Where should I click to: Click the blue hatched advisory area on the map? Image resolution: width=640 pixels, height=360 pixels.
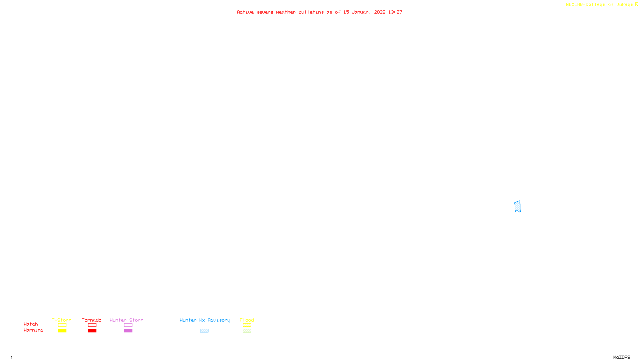[518, 206]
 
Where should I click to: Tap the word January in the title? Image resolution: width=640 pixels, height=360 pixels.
[361, 12]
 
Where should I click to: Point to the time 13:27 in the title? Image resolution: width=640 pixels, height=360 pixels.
[395, 12]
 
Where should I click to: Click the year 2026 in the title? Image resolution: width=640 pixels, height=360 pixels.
[380, 12]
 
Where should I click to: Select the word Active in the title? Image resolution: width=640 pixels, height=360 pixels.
[245, 12]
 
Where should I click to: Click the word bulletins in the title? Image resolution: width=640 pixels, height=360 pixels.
[311, 12]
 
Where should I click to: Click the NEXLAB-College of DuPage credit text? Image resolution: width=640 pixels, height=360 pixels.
[599, 5]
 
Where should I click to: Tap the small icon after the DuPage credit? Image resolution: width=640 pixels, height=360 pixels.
[636, 4]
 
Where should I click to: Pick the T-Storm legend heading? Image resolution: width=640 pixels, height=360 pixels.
[62, 320]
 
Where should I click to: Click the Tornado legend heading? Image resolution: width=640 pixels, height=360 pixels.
[92, 320]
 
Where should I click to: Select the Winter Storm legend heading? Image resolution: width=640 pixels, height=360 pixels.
[126, 320]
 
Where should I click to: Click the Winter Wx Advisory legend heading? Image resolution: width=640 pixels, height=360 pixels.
[205, 320]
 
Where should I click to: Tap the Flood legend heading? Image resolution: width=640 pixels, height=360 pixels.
[247, 320]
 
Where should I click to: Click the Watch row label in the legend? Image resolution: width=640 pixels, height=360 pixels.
[31, 324]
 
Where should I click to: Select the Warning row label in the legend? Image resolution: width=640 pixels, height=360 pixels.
[34, 330]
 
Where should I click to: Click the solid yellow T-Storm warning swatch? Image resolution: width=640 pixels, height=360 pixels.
[62, 331]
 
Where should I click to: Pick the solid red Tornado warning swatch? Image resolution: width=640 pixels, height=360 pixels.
[92, 331]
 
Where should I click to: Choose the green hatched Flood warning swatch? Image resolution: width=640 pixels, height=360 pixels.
[247, 331]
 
